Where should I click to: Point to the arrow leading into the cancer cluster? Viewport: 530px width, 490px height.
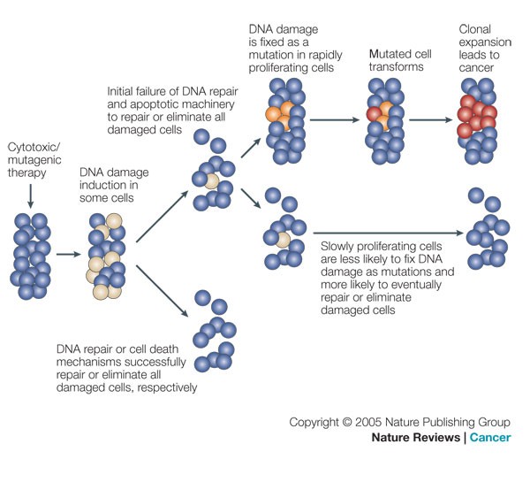point(426,118)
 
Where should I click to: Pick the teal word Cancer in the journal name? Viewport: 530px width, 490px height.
point(490,439)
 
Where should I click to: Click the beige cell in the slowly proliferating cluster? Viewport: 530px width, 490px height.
point(283,240)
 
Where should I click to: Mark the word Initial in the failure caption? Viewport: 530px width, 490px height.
point(122,90)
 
